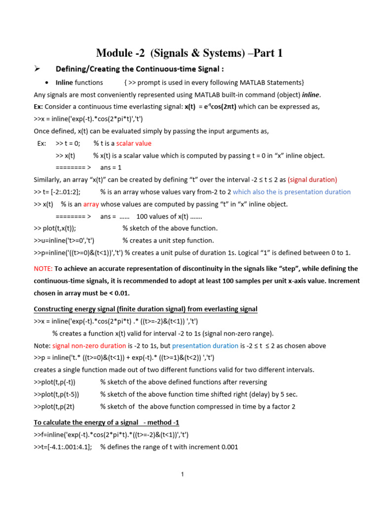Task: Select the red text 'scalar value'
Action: click(x=133, y=143)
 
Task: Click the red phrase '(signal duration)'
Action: click(x=312, y=179)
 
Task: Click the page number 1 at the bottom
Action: click(x=182, y=475)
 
